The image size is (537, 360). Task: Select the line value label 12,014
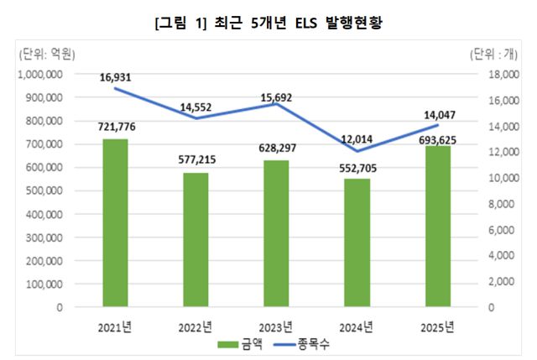click(x=357, y=139)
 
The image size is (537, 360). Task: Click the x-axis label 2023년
click(x=275, y=326)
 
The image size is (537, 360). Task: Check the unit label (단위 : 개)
click(x=499, y=55)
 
